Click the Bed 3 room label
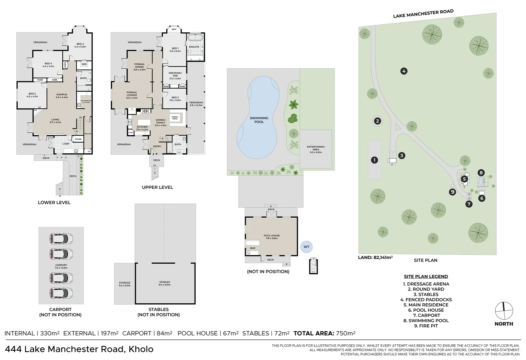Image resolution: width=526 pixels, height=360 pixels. [80, 45]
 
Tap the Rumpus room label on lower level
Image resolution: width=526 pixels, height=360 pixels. [62, 96]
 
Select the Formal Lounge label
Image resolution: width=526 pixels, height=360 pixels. [132, 94]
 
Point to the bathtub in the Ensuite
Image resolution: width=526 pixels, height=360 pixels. [194, 37]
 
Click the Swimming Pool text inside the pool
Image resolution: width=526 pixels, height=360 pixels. [259, 120]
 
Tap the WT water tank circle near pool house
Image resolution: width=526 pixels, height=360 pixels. [306, 247]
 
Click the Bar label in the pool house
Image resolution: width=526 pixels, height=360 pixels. [252, 248]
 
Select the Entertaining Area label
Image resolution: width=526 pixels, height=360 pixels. [316, 149]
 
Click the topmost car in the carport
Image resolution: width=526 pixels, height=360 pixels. [61, 238]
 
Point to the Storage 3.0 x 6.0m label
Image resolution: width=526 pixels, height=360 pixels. [124, 284]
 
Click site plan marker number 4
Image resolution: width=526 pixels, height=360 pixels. [404, 71]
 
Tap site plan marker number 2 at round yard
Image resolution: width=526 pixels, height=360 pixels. [377, 121]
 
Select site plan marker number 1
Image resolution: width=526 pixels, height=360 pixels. [374, 160]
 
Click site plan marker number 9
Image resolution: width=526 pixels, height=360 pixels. [452, 192]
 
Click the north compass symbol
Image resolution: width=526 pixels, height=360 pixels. [504, 310]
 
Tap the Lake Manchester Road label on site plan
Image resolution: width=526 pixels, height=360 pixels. [423, 14]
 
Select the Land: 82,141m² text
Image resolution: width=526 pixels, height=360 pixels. [375, 257]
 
